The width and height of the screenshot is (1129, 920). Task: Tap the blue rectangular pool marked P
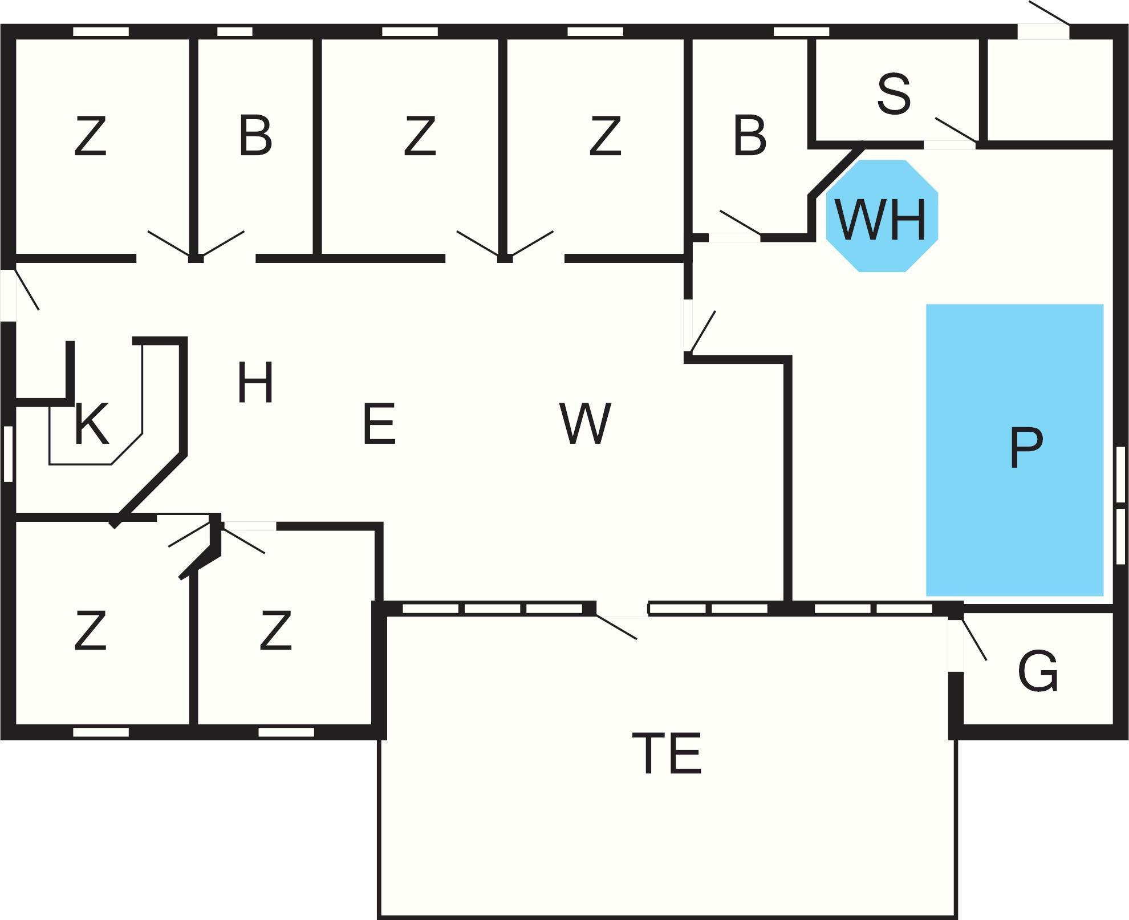[1014, 449]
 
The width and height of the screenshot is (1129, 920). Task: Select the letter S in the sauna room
[894, 94]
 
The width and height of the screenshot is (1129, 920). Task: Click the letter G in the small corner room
[1037, 671]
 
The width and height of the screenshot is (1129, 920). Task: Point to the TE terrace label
[667, 753]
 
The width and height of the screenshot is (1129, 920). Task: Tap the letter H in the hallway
[255, 382]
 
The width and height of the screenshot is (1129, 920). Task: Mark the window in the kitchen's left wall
[8, 453]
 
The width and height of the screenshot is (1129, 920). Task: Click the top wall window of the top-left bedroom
[101, 32]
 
